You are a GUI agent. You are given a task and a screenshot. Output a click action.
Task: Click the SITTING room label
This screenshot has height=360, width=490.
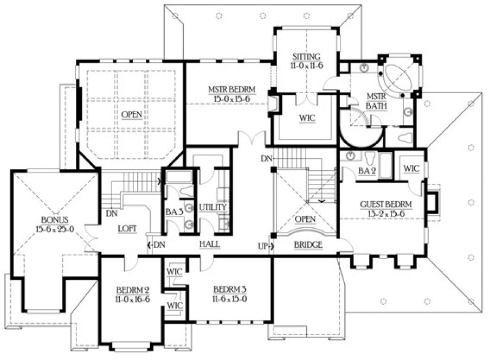pos(307,56)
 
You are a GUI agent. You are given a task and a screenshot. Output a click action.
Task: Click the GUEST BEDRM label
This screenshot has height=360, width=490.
pos(386,204)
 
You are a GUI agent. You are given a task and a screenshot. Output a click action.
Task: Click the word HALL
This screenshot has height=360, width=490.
pos(209,245)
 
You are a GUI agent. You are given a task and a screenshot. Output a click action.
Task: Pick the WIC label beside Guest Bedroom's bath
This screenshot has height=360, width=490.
pos(411,169)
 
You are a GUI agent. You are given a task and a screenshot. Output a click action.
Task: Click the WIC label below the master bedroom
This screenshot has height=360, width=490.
pos(307,117)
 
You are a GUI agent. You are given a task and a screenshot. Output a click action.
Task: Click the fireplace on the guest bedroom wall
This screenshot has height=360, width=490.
pos(432,202)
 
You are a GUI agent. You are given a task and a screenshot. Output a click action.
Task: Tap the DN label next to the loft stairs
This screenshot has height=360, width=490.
pos(112,214)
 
